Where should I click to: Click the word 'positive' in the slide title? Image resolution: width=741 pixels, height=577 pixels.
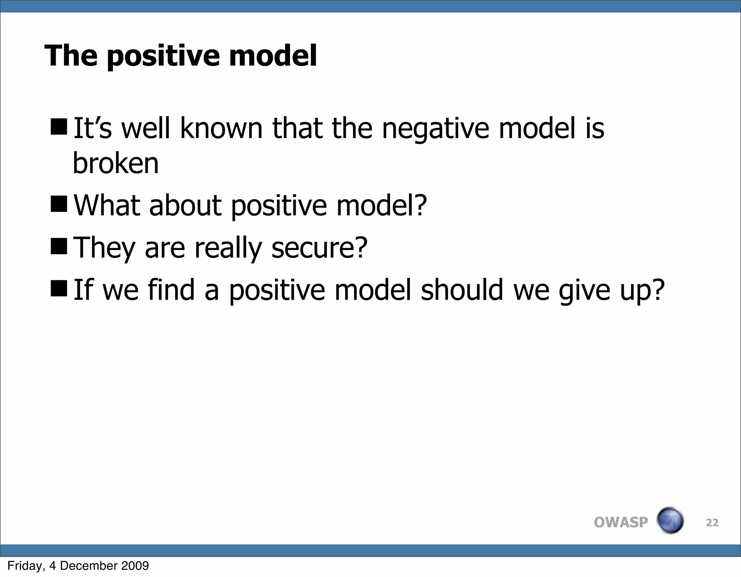pos(163,56)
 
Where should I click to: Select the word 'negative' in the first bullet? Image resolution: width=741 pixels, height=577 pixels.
pos(435,129)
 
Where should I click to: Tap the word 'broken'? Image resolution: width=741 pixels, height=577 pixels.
pos(116,163)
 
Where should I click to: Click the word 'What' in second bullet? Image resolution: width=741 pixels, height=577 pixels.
pos(107,205)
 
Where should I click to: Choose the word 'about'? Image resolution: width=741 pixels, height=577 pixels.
pos(185,205)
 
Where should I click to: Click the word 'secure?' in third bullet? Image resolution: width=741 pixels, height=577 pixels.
pos(319,248)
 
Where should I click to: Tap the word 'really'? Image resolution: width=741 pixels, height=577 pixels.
pos(228,248)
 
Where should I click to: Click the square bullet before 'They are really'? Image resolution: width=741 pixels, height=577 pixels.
pos(59,246)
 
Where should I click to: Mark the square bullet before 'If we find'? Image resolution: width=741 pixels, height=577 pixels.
pos(59,288)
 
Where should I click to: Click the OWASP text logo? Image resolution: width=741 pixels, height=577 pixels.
pos(621,522)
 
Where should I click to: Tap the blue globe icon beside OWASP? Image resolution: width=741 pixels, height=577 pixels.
pos(670,520)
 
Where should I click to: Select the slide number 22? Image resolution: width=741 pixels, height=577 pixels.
pos(712,522)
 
